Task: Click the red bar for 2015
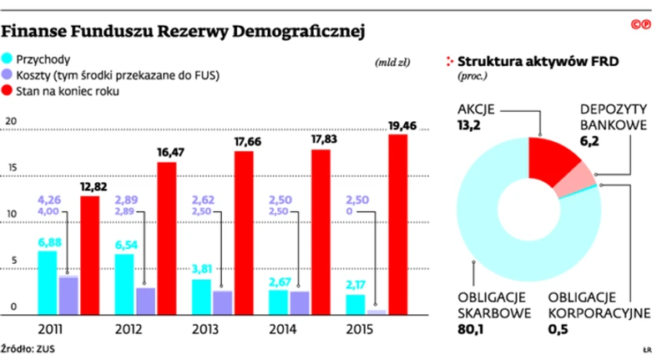pyautogui.click(x=398, y=224)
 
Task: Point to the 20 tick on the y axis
pyautogui.click(x=11, y=122)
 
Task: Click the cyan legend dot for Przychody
pyautogui.click(x=8, y=59)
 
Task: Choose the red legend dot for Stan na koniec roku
pyautogui.click(x=8, y=91)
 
